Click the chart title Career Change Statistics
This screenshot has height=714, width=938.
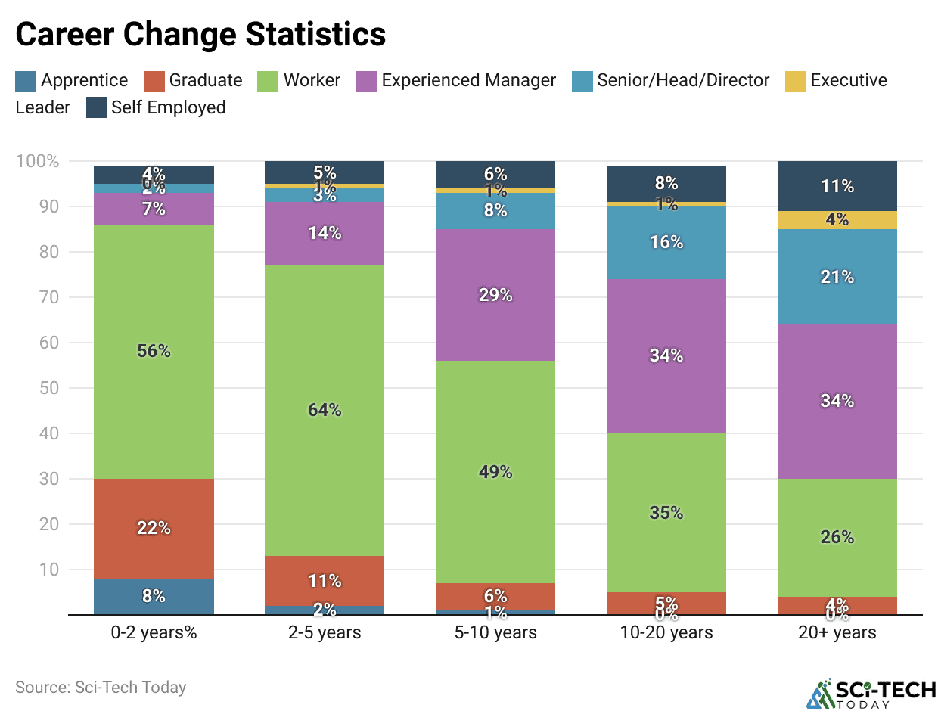200,35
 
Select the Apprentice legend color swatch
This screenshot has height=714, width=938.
26,81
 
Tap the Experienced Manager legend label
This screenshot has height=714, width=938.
468,81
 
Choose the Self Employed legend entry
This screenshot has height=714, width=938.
168,107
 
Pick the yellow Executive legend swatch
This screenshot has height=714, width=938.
796,81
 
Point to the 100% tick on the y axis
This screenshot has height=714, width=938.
37,161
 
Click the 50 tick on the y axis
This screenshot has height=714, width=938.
48,388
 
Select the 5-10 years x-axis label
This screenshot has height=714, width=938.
495,632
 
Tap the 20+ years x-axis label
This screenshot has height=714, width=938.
837,632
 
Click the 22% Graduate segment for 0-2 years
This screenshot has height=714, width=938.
154,529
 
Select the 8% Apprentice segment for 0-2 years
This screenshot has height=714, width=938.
154,596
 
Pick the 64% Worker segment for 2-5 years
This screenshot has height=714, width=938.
325,411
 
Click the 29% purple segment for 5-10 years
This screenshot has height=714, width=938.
495,295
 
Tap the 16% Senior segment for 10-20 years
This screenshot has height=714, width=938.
666,243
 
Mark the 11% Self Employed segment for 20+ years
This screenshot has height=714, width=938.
837,186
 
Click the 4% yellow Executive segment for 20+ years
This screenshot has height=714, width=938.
837,220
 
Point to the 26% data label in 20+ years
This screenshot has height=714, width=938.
837,538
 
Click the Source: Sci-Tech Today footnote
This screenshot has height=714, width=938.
101,688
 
